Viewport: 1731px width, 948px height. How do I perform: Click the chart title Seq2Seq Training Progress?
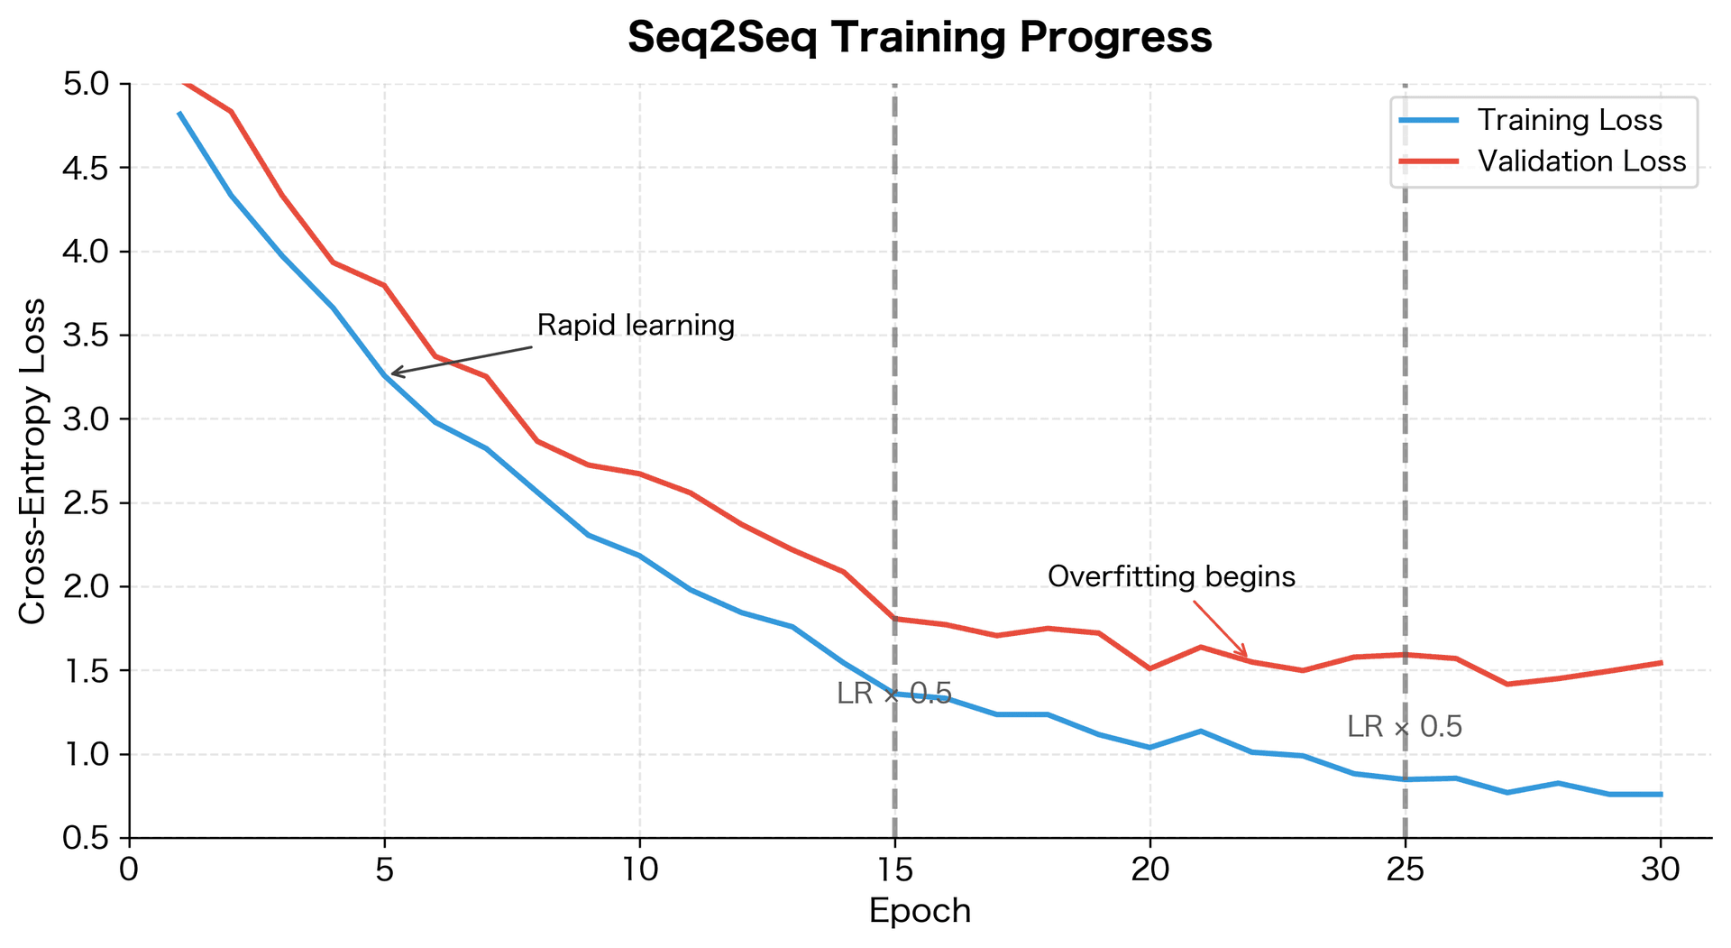[920, 38]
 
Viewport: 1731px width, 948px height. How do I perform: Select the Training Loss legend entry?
[1569, 120]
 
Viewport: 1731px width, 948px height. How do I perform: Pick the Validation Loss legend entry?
[1581, 161]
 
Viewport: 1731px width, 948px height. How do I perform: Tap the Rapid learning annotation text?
[636, 326]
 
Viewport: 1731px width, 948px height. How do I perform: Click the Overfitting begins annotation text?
[1171, 576]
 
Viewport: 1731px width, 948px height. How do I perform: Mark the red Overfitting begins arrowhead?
[1246, 657]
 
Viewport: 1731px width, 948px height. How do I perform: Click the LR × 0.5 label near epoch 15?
[893, 694]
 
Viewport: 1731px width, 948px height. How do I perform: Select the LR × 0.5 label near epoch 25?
[1404, 727]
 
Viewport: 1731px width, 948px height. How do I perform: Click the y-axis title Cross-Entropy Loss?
[32, 460]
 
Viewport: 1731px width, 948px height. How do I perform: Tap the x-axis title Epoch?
[920, 911]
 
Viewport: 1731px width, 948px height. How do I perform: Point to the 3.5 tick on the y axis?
[84, 336]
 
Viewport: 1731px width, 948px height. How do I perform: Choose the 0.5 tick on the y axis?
[84, 839]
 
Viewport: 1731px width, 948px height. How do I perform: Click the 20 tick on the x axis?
[1149, 870]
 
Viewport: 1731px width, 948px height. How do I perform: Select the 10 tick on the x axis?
[639, 870]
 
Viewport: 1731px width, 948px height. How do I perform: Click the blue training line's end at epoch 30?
[1660, 794]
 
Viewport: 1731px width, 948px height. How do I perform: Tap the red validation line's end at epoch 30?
[1660, 663]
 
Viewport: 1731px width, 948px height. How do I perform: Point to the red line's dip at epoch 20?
[1149, 668]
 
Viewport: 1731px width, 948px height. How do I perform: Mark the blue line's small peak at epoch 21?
[1201, 731]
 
